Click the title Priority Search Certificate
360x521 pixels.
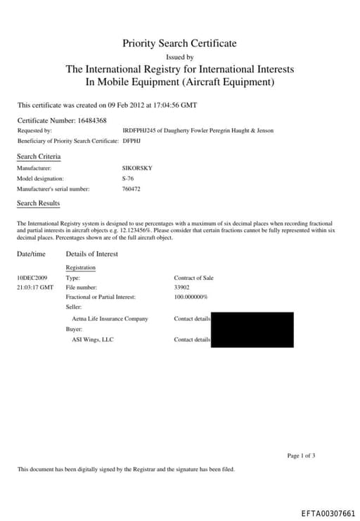tap(179, 44)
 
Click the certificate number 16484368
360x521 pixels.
tap(91, 120)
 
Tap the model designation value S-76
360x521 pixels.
tap(128, 179)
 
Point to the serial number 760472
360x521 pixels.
tap(131, 189)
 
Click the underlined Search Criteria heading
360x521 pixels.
tap(39, 156)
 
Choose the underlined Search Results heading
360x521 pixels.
tap(38, 203)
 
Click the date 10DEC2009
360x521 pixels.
tap(32, 278)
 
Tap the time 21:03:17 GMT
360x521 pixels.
tap(35, 288)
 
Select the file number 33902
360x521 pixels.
tap(182, 288)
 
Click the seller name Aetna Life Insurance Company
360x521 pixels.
tap(110, 319)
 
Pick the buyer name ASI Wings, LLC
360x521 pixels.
tap(93, 340)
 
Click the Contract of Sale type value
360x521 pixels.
tap(193, 278)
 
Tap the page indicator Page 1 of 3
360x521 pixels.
tap(301, 456)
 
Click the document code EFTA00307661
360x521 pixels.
tap(328, 513)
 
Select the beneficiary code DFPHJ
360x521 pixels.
tap(131, 141)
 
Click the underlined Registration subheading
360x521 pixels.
tap(80, 268)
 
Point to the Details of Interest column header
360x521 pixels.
tap(91, 254)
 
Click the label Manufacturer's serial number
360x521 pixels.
tap(53, 189)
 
